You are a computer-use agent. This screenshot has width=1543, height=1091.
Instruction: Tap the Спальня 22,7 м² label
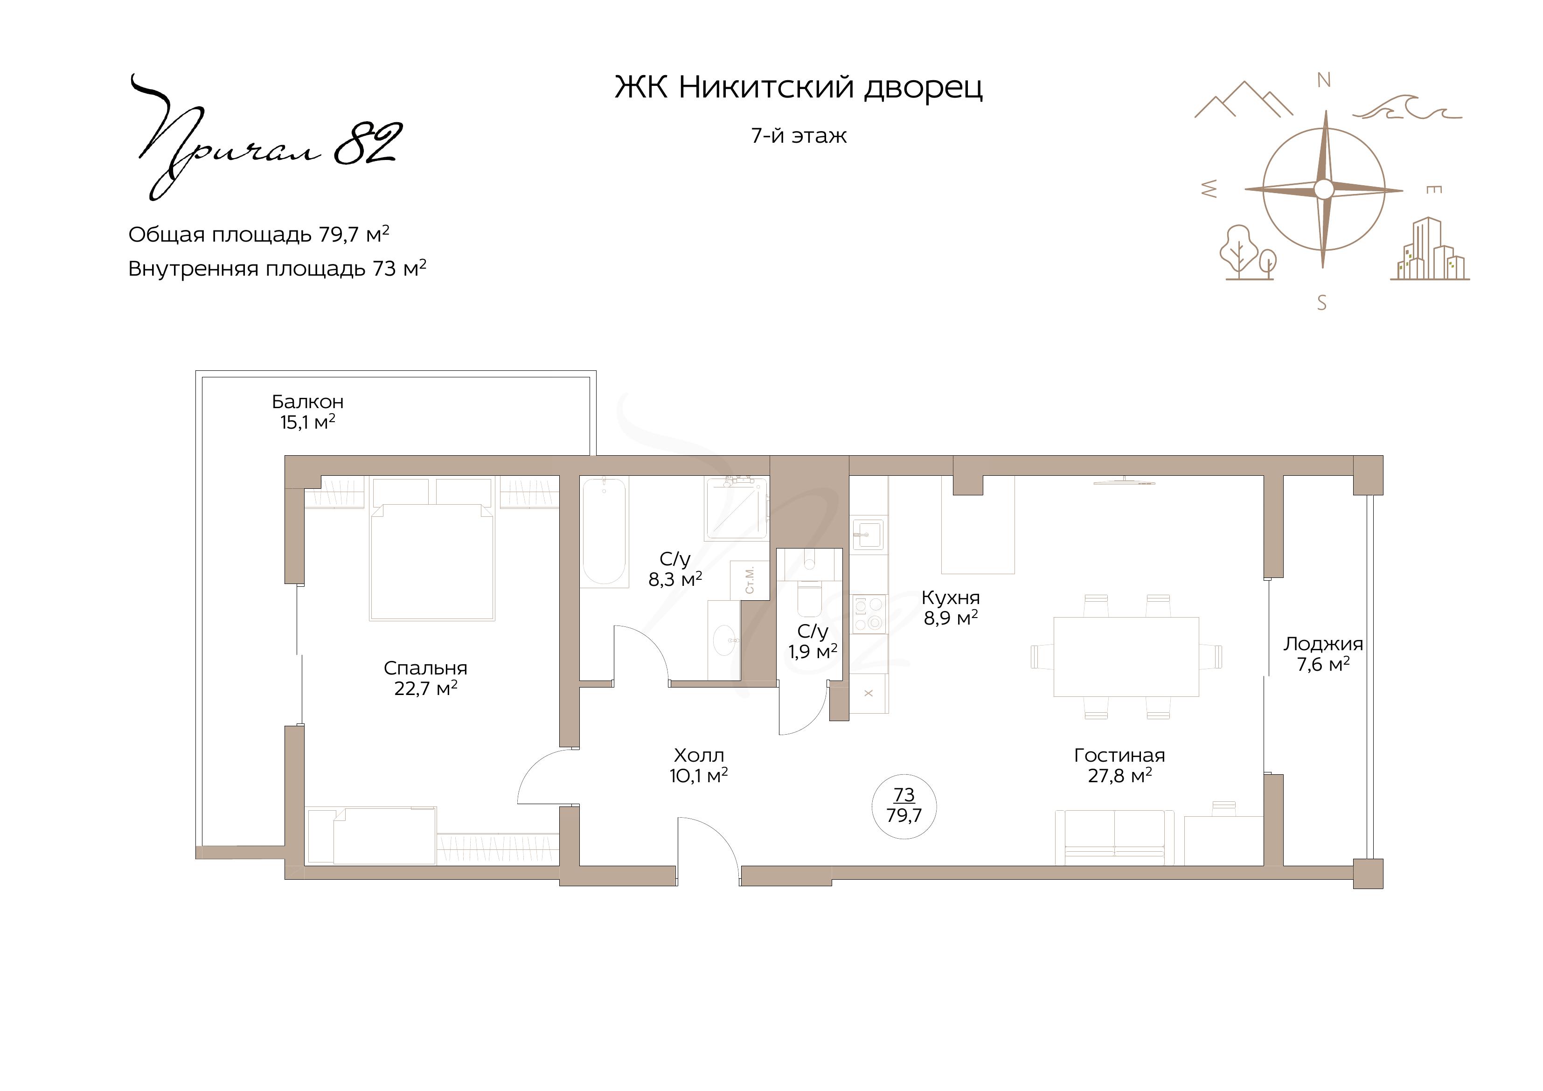(x=425, y=678)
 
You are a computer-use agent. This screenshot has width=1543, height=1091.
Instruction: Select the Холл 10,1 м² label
(x=699, y=765)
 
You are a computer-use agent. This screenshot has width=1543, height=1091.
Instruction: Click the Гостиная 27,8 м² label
(x=1119, y=765)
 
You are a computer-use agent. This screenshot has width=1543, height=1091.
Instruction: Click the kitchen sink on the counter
(x=868, y=535)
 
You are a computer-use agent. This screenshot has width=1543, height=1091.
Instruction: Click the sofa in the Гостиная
(x=1115, y=837)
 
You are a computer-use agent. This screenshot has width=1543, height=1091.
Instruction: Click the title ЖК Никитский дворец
(x=799, y=87)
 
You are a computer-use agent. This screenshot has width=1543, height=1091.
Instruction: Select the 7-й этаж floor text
(x=799, y=136)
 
